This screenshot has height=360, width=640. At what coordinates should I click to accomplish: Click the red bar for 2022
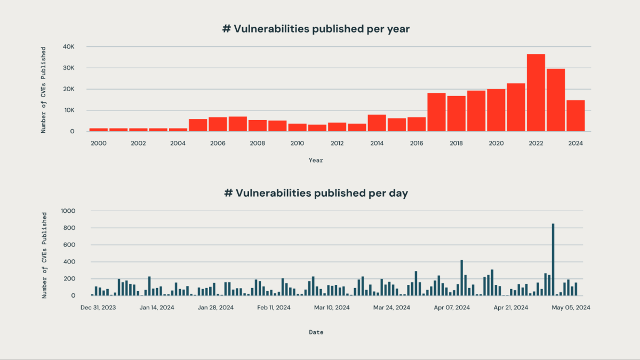(x=536, y=93)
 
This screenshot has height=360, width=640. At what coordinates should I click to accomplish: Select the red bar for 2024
(x=575, y=116)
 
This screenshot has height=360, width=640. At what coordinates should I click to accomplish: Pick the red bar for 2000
(x=99, y=130)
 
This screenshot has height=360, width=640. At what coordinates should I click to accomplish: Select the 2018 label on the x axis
(x=457, y=143)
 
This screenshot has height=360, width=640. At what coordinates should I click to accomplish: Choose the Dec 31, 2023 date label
(x=98, y=307)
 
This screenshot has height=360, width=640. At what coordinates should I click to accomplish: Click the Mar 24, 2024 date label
(x=391, y=307)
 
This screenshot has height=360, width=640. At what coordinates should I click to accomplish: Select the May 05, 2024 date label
(x=571, y=307)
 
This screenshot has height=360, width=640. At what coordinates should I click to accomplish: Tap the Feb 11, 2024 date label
(x=274, y=307)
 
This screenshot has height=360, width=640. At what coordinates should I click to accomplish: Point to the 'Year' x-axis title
(x=316, y=160)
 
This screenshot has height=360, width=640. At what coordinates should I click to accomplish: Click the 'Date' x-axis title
(x=316, y=332)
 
